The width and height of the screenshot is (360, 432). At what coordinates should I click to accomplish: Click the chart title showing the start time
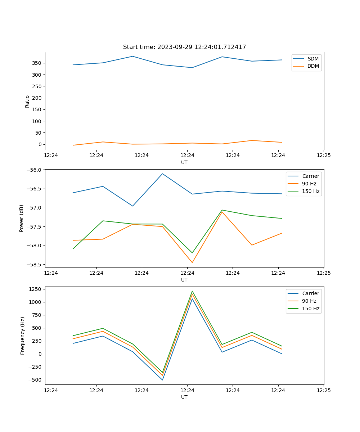tap(184, 47)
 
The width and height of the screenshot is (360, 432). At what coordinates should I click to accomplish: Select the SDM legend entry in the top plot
tap(313, 59)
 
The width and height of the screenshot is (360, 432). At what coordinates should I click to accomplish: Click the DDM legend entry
tap(313, 66)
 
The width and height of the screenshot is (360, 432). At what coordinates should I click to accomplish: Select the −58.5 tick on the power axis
tap(35, 265)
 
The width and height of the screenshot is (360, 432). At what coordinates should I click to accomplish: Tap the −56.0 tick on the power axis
tap(35, 170)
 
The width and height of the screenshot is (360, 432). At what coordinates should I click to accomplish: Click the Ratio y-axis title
tap(27, 101)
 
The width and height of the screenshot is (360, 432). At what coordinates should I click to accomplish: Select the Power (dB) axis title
tap(22, 218)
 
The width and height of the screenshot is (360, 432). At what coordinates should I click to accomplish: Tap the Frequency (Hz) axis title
tap(22, 336)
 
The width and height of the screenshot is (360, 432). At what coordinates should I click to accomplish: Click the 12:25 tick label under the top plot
tap(323, 155)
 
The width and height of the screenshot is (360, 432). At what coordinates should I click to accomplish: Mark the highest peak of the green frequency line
tap(192, 291)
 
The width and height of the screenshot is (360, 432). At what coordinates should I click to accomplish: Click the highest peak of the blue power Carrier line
tap(162, 174)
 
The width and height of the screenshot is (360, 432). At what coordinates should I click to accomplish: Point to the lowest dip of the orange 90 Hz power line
tap(192, 262)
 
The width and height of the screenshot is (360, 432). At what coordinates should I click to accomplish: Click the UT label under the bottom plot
tap(184, 397)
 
